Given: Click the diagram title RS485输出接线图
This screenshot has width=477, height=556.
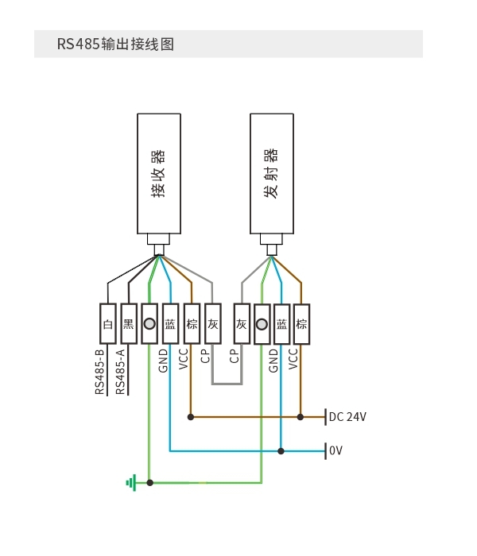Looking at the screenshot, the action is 115,44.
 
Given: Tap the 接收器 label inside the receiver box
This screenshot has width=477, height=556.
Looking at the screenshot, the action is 158,173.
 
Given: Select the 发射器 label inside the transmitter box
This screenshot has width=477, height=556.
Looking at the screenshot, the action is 271,173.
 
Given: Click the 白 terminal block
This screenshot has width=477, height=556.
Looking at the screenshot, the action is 108,324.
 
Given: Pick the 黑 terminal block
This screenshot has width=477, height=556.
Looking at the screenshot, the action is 129,324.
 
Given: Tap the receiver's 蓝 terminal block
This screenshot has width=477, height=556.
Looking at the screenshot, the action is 170,324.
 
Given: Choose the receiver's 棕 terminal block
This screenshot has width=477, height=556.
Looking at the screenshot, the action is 192,324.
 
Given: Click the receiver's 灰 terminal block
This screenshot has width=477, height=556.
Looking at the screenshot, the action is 213,324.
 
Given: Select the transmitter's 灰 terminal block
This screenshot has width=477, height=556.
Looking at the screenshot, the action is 242,324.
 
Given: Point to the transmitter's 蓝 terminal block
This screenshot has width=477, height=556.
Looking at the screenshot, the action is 281,324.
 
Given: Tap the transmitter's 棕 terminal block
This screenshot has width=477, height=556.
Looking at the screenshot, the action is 301,324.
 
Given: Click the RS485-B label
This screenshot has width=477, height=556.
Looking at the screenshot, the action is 99,372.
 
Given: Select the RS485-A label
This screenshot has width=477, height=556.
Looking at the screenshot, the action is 120,372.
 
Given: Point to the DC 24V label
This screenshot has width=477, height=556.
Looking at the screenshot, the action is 347,417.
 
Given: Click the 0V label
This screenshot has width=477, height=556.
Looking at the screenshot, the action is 335,450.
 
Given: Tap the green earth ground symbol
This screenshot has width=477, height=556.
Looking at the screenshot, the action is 131,483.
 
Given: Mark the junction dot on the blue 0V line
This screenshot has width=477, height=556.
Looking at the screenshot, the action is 281,451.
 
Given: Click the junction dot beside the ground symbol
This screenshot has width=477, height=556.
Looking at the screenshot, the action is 149,483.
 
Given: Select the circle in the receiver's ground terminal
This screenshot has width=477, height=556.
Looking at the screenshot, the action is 149,324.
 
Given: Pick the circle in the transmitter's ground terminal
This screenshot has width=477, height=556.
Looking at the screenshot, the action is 262,324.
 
